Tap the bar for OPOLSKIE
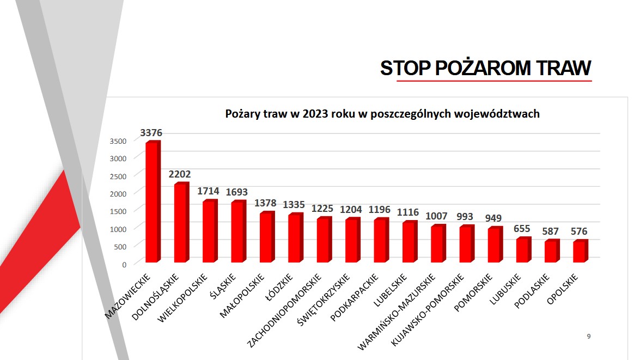tap(580, 252)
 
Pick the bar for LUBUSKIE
tap(522, 251)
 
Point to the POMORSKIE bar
tap(494, 245)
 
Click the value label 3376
tap(151, 133)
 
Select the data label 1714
tap(209, 192)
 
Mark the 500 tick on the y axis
tap(120, 246)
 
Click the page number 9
tap(589, 337)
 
